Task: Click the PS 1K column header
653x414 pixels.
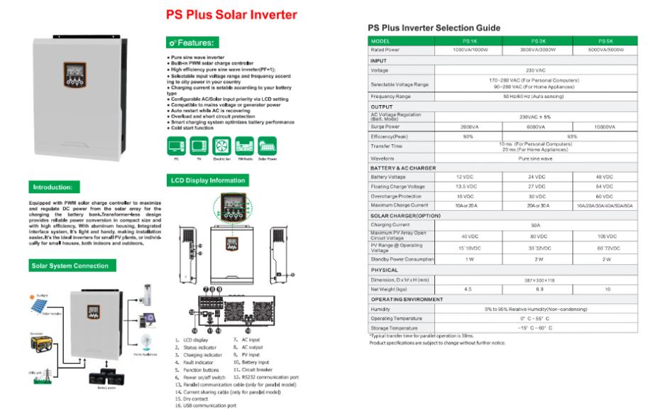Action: [x=469, y=41]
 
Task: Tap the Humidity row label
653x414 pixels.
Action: [x=380, y=310]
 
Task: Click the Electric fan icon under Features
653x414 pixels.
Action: [x=219, y=146]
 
